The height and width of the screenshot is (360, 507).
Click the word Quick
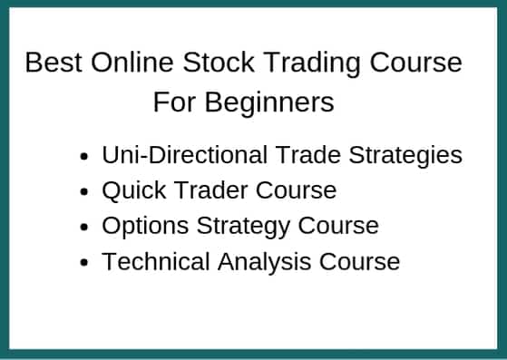pyautogui.click(x=129, y=190)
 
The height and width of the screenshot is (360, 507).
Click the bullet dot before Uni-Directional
pyautogui.click(x=84, y=157)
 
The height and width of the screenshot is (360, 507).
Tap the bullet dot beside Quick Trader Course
pyautogui.click(x=84, y=192)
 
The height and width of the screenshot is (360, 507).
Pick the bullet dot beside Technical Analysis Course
pyautogui.click(x=84, y=263)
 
